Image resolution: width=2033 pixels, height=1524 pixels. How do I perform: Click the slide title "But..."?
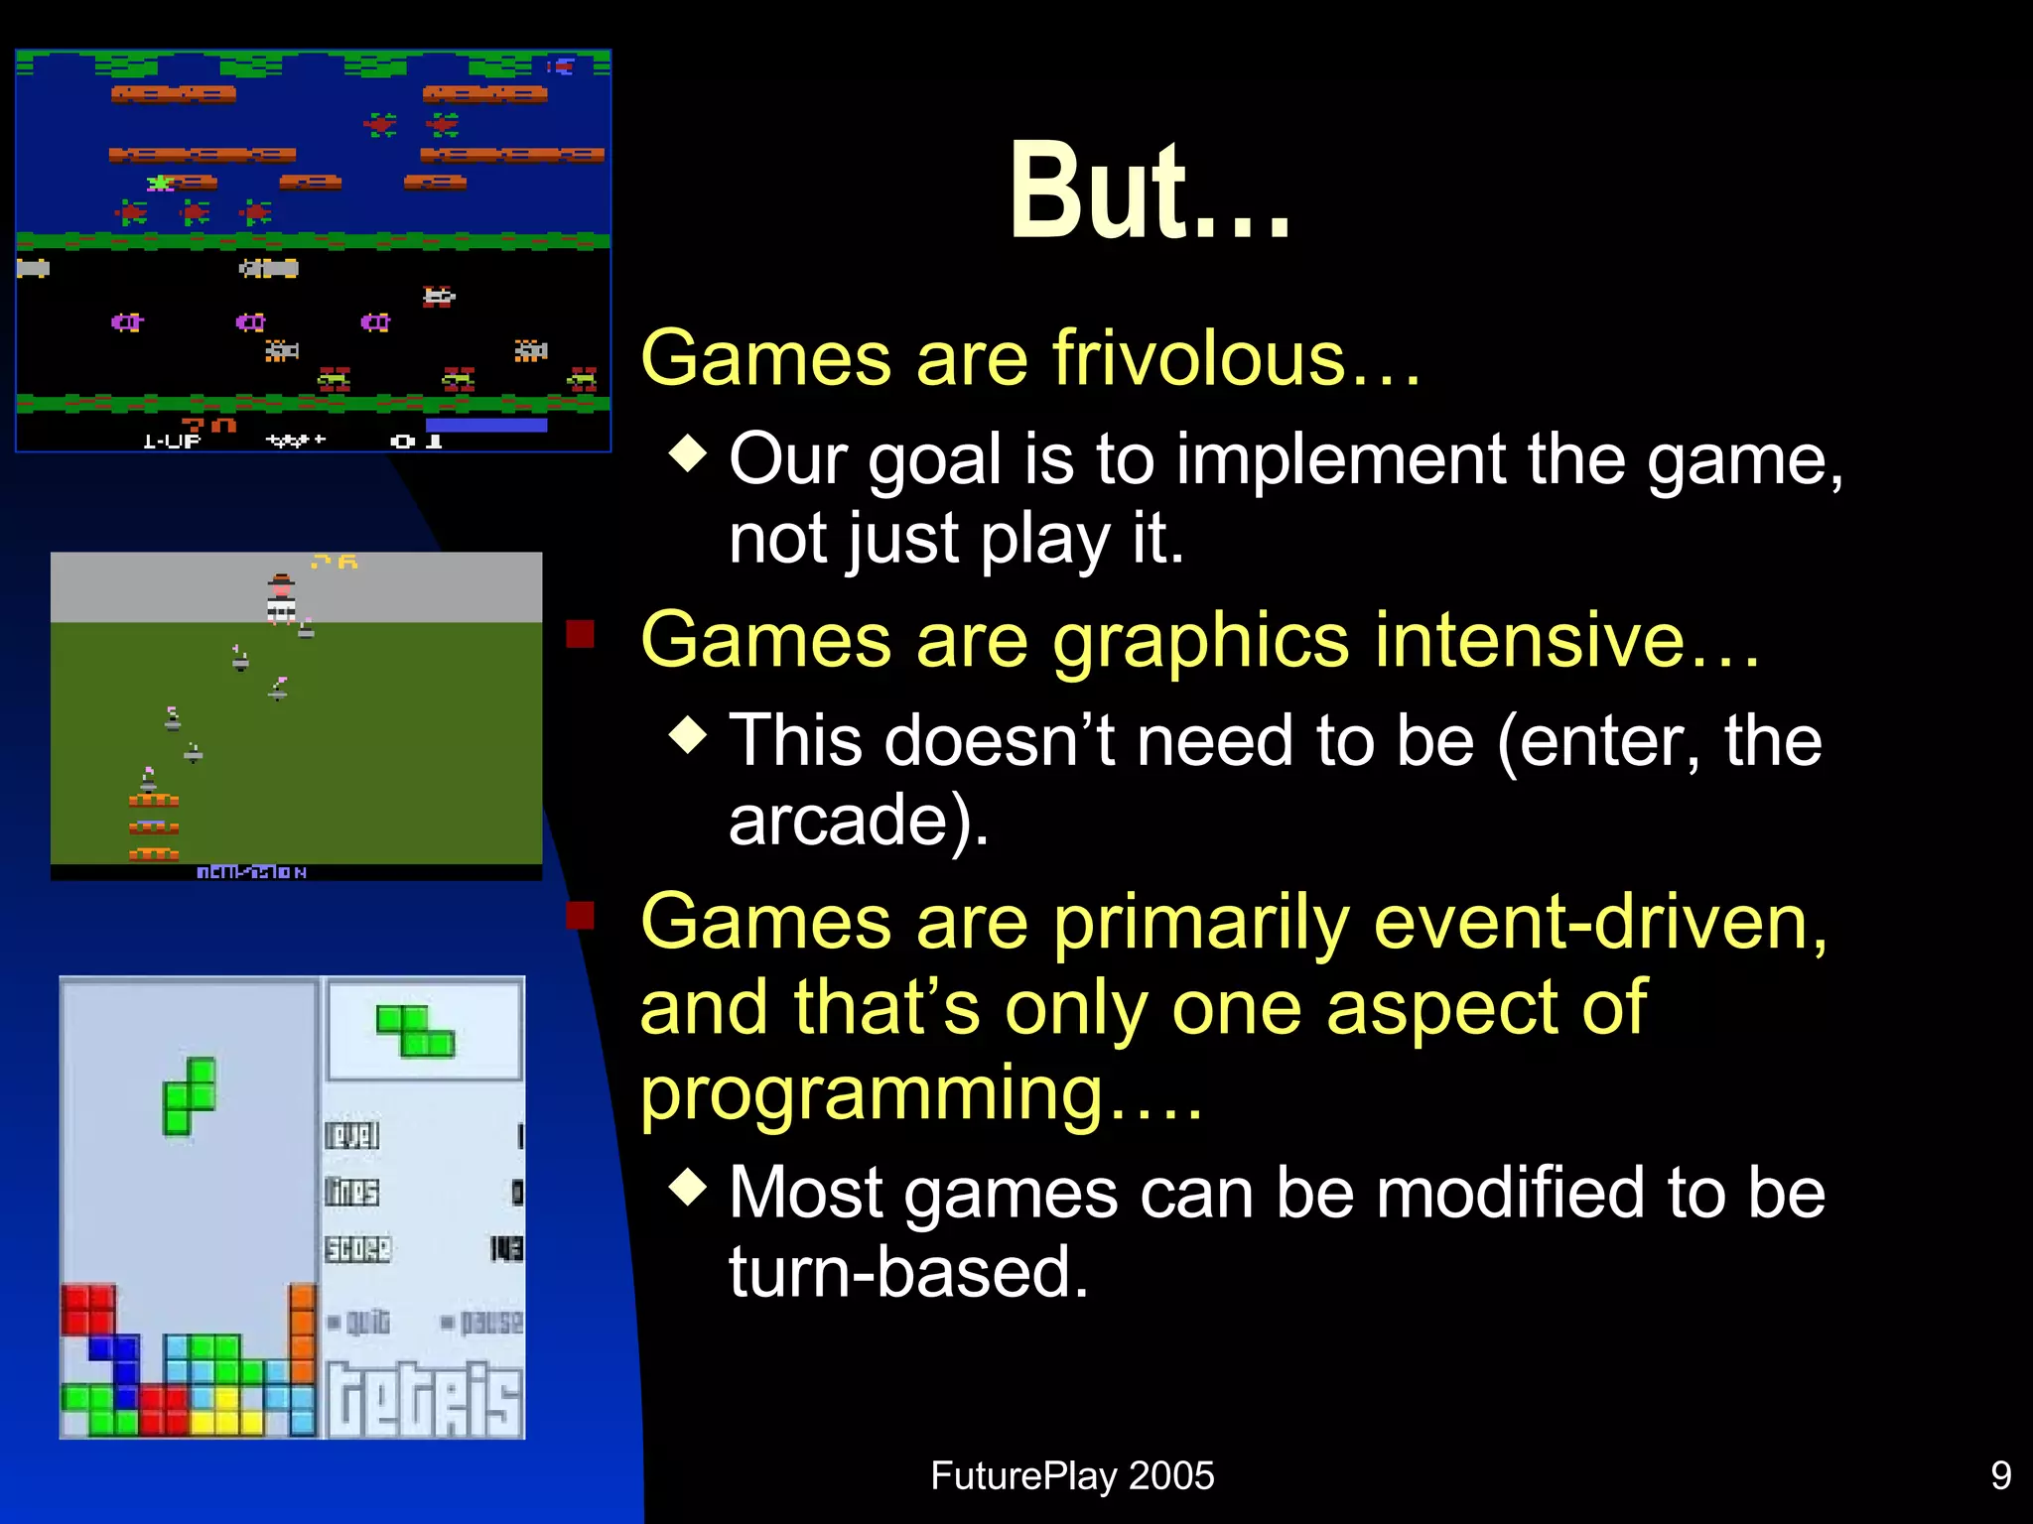(1150, 190)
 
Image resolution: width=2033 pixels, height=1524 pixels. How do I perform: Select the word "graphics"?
(1201, 641)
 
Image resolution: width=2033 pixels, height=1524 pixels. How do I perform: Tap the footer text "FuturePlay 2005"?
(1072, 1475)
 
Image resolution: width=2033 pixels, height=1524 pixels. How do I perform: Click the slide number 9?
(2001, 1475)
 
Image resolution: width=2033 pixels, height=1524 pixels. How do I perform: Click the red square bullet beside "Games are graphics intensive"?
(580, 634)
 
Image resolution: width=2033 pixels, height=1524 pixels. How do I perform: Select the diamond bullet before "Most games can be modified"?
(688, 1186)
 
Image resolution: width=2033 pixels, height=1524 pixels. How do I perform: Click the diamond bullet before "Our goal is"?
(688, 453)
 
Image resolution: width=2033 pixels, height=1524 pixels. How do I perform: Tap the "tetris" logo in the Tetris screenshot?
(425, 1399)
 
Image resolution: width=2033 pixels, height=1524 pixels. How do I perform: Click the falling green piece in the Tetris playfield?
(190, 1096)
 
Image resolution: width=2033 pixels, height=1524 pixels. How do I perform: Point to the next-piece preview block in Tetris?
(416, 1030)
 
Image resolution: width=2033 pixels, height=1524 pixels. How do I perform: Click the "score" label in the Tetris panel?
(357, 1248)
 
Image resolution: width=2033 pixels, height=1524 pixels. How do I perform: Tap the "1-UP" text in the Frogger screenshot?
(172, 441)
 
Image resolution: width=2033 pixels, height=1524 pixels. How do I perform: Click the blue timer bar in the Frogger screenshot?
(486, 426)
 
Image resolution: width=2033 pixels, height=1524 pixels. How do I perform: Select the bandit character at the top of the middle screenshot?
(282, 598)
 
